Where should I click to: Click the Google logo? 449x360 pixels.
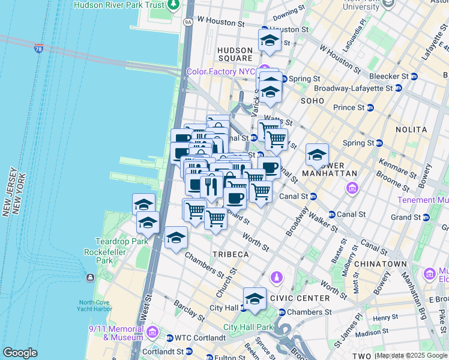coord(20,353)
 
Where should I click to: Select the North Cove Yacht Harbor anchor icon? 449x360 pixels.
coord(89,277)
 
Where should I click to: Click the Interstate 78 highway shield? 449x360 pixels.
coord(39,48)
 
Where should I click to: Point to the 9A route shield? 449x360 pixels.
coord(188,22)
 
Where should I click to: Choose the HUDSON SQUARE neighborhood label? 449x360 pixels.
coord(235,54)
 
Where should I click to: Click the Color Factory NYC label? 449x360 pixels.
coord(221,71)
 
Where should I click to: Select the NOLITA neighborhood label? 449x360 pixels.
coord(411,130)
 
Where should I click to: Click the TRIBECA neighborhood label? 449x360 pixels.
coord(230,254)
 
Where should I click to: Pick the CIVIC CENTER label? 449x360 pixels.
coord(300,298)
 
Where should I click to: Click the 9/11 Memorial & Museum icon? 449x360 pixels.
coord(152,332)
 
